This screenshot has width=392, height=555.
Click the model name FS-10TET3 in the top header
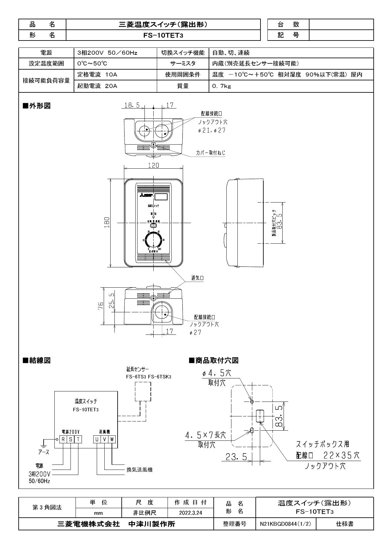(x=163, y=35)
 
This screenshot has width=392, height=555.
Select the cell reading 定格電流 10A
(x=97, y=75)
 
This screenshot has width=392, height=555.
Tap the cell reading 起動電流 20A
(x=97, y=86)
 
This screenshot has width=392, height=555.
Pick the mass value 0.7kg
(x=222, y=86)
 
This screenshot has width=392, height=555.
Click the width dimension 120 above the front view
(x=154, y=165)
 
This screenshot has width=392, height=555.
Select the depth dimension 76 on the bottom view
(x=101, y=306)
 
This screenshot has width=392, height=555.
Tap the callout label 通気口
(x=197, y=278)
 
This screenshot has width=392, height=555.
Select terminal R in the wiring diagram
(x=63, y=439)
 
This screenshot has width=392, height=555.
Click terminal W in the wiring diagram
(x=112, y=439)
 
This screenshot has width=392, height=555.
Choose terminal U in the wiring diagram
(x=97, y=439)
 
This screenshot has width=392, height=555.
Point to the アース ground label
(x=44, y=452)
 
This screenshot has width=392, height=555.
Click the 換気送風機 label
(x=139, y=470)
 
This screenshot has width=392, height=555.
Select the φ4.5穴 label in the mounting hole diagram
(x=217, y=373)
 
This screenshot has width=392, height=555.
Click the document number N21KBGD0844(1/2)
(x=285, y=524)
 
